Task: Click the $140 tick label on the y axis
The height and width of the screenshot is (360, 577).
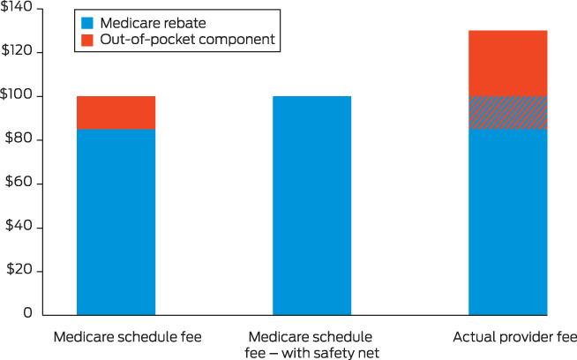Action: tap(16, 8)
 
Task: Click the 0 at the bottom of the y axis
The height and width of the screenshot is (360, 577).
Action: tap(27, 313)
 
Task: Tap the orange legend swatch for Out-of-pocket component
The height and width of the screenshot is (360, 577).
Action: tap(87, 39)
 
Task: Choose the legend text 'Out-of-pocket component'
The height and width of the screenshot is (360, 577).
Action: tap(174, 39)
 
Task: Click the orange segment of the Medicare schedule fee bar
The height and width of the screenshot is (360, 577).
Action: tap(116, 112)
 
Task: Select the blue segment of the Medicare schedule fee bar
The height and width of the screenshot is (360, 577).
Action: tap(116, 221)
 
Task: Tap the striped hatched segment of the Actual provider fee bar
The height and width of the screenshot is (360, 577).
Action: tap(508, 112)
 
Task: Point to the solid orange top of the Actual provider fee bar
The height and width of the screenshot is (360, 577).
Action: tap(508, 63)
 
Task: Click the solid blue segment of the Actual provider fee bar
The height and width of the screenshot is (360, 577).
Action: tap(508, 221)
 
